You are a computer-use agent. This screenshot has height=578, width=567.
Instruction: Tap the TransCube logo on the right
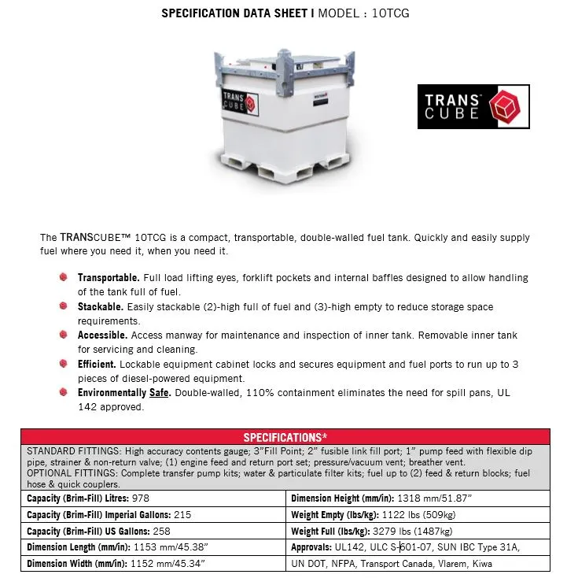coord(473,106)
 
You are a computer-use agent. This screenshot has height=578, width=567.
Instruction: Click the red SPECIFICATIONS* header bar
coord(285,437)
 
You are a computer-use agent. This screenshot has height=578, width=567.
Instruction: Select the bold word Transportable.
coord(109,278)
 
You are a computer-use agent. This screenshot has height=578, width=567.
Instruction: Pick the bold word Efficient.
coord(97,364)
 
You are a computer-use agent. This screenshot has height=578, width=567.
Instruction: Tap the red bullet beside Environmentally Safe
coord(63,392)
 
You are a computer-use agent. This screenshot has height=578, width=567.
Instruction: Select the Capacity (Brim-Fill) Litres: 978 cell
coord(88,498)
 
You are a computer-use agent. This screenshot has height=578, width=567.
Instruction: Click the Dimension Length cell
coord(109,547)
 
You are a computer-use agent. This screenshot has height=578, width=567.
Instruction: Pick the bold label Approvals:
coord(316,547)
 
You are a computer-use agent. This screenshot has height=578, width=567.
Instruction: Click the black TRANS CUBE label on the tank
coord(239,103)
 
